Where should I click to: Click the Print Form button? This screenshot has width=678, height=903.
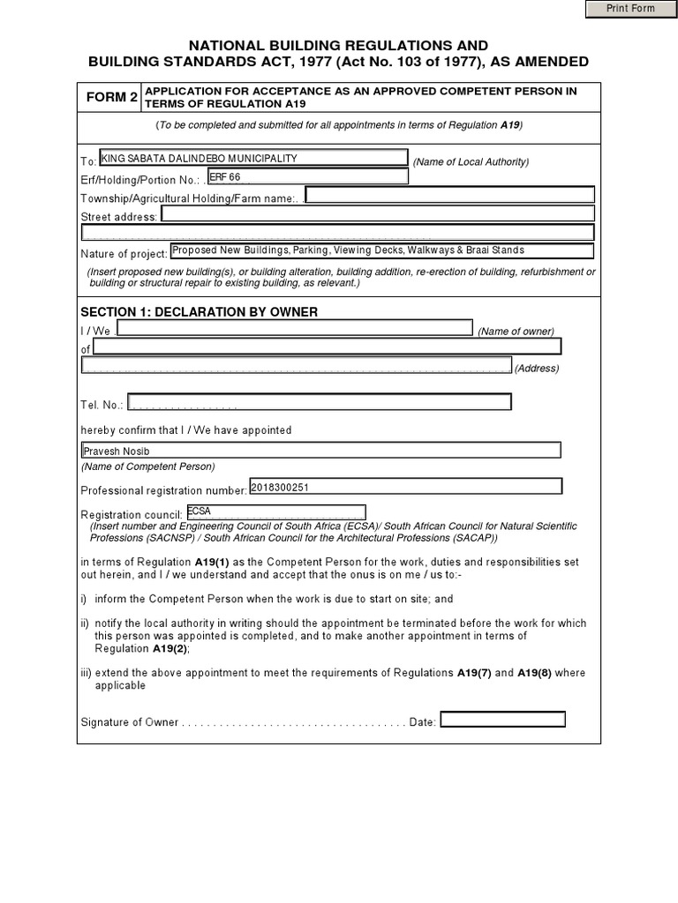click(x=629, y=9)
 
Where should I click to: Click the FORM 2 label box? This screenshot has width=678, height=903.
click(x=110, y=98)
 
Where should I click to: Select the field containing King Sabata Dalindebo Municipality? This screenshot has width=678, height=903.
click(x=253, y=159)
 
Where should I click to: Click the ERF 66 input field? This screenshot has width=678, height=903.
click(x=307, y=176)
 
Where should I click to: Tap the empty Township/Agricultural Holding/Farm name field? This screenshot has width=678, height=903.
click(x=449, y=195)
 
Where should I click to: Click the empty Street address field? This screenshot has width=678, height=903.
click(x=377, y=214)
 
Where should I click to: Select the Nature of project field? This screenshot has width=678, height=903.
click(x=380, y=251)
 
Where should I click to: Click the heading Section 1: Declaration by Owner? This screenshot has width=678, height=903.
click(x=199, y=312)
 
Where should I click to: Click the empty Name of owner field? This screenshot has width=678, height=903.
click(x=294, y=329)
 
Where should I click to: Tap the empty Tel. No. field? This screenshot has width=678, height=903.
click(x=319, y=403)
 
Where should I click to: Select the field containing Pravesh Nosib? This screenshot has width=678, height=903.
click(x=320, y=451)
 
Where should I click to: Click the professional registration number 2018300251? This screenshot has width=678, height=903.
click(x=405, y=487)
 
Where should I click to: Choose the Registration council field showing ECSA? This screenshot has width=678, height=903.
click(x=275, y=512)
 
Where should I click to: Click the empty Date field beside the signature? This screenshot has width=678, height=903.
click(x=502, y=720)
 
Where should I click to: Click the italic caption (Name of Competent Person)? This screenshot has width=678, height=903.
click(x=147, y=466)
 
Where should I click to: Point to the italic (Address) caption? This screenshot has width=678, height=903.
click(x=536, y=368)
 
